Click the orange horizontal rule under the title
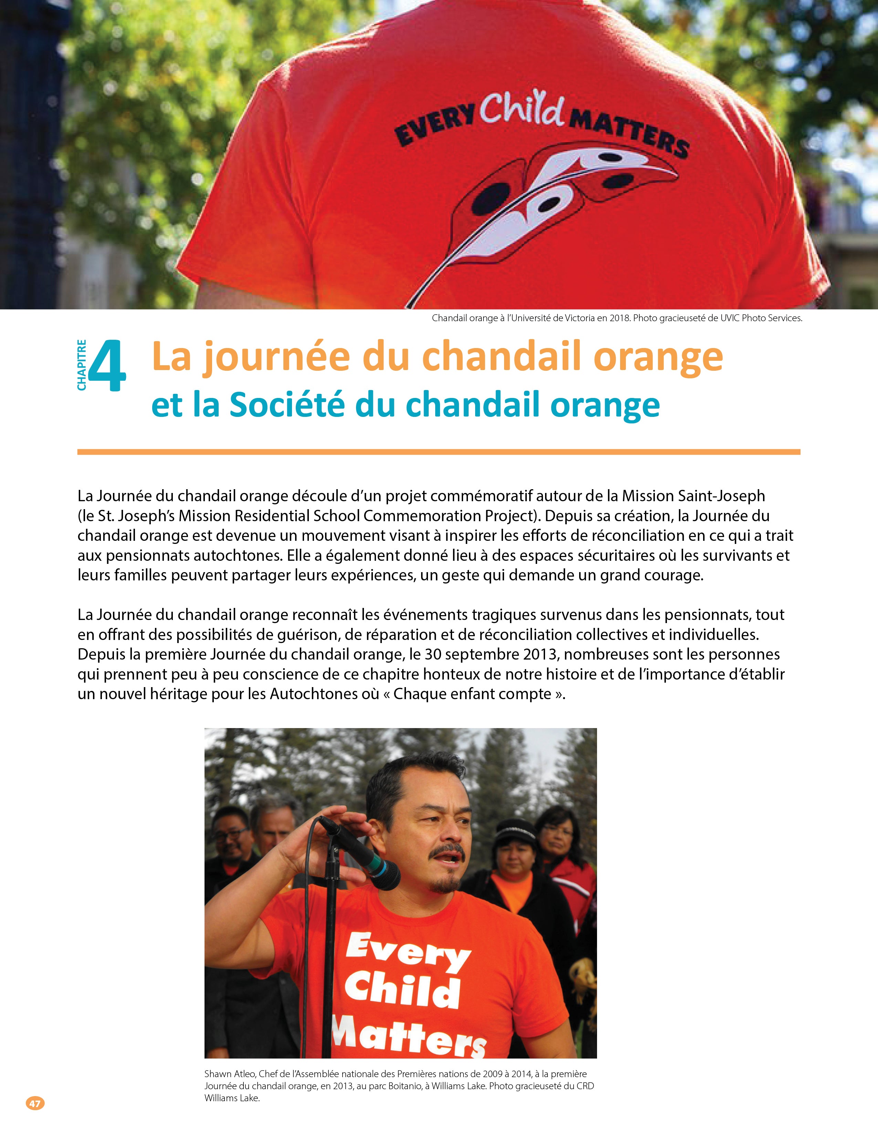coord(438,452)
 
